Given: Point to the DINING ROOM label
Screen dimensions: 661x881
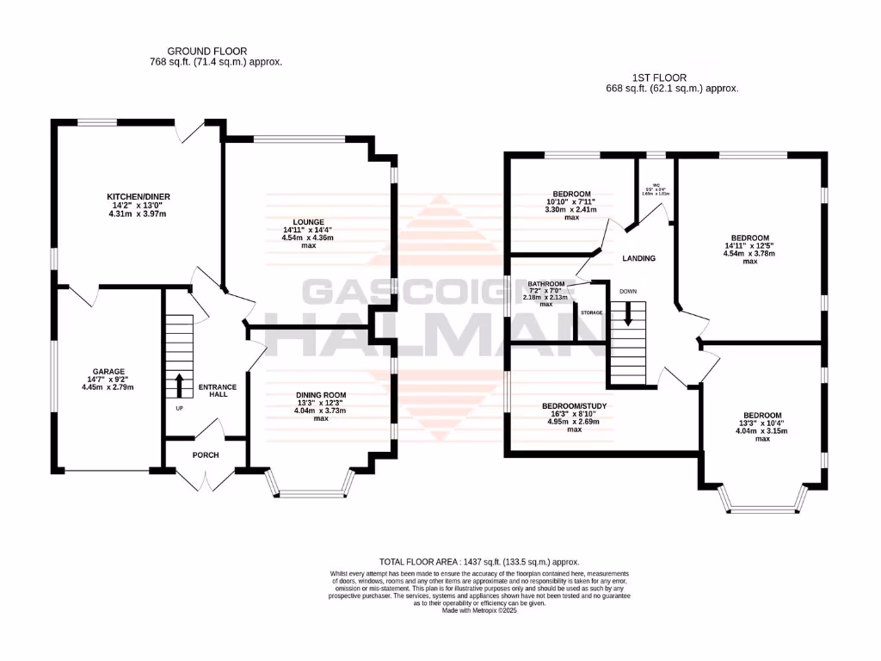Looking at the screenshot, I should coord(320,395).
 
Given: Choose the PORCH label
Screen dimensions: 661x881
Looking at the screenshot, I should coord(206,455).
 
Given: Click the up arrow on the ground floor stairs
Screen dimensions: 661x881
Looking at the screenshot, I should coord(180,384).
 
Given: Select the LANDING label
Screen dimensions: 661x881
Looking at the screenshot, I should coord(639,258).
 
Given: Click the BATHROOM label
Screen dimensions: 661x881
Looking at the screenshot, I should coord(546,284).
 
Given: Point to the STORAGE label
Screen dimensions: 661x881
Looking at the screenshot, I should coord(591,312).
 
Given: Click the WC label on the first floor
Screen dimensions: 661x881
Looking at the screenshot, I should coord(655,185).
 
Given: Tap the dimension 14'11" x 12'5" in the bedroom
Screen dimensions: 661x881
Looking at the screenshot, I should coord(749,246).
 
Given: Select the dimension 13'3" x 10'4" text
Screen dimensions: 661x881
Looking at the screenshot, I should coord(762,423).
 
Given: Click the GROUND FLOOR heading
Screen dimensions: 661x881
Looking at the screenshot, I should coord(206,52).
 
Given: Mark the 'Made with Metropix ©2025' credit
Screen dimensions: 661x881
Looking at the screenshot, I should coord(481,610).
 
